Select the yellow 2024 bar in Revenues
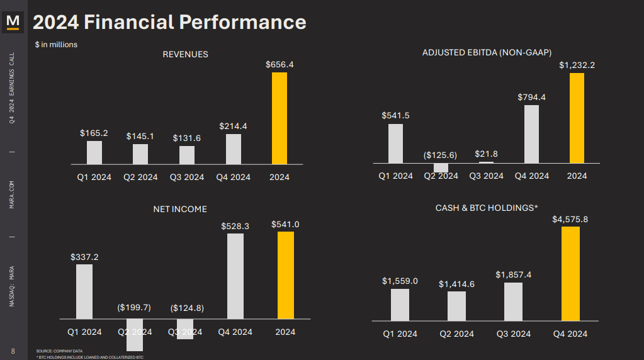280,118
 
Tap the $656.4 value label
280,64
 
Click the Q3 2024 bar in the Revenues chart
187,155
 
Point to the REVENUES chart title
185,54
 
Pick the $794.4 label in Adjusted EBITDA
531,97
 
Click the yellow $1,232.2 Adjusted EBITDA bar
577,118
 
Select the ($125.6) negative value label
441,155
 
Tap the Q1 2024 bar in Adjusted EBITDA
395,143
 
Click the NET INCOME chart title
180,209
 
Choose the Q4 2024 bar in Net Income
235,276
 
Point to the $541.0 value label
285,224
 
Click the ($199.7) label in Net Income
134,307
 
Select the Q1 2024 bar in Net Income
84,291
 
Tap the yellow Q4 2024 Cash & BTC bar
570,274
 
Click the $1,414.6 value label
456,284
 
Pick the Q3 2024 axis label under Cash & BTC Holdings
513,334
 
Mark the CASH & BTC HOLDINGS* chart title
487,208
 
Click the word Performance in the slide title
242,23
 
